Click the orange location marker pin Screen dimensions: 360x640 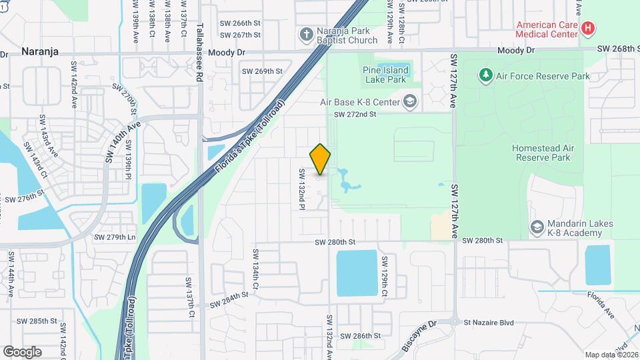click(x=320, y=160)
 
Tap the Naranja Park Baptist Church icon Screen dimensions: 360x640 click(x=306, y=34)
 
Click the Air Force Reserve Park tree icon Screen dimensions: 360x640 click(x=486, y=75)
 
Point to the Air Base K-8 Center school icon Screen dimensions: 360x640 click(x=410, y=102)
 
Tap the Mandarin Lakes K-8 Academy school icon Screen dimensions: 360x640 click(x=536, y=228)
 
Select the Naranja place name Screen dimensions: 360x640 click(x=40, y=51)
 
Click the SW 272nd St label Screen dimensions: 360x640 click(x=355, y=115)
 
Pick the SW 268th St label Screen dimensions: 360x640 click(x=617, y=49)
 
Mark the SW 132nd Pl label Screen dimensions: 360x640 click(x=302, y=190)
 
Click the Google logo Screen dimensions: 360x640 click(x=22, y=351)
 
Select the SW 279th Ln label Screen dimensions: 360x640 click(x=114, y=237)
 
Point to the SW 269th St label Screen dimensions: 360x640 click(x=262, y=71)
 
